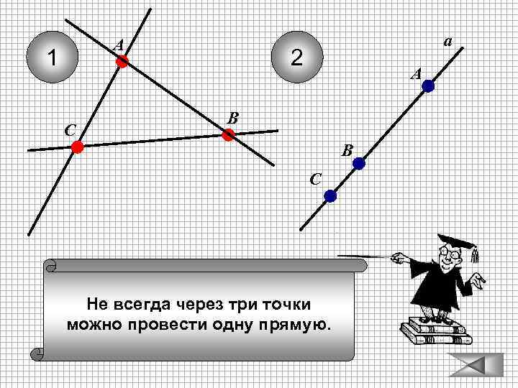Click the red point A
(122, 63)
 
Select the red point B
(229, 134)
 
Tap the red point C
(77, 147)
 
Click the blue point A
(428, 87)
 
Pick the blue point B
(358, 164)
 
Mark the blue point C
(330, 195)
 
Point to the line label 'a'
(447, 42)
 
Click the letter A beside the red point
(118, 46)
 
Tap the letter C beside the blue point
(315, 178)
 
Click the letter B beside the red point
(233, 117)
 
